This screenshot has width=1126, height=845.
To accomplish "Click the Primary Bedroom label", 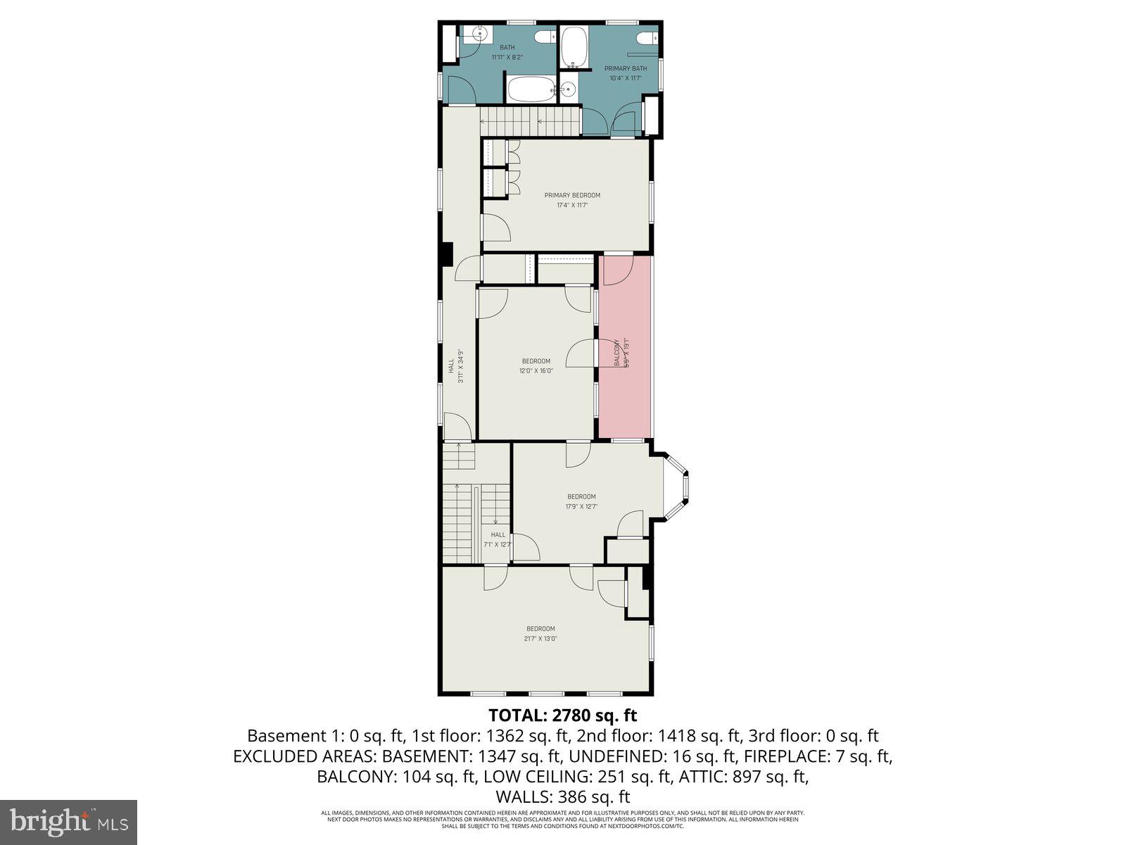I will [572, 195].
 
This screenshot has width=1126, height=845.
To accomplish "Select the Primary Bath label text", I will [625, 68].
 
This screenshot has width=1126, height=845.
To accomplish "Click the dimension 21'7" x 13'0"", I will [540, 639].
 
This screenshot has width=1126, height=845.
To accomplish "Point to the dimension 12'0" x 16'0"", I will [536, 370].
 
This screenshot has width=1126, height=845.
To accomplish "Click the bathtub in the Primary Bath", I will [573, 45].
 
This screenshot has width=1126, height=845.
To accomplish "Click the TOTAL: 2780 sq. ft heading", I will [562, 715].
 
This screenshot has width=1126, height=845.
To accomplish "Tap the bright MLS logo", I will [68, 821].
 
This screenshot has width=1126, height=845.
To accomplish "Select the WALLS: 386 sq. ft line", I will [562, 797].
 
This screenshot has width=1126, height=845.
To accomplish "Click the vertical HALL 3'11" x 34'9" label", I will [455, 366].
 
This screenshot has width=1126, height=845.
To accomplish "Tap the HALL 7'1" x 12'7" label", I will [498, 539].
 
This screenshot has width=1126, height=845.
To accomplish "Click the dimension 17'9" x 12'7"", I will [581, 506].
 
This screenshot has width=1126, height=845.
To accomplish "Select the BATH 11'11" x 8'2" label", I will [507, 52].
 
